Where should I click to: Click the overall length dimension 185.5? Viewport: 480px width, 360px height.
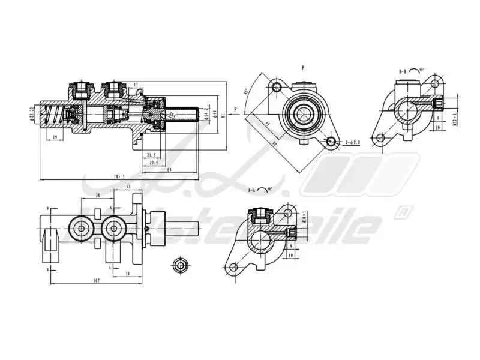click(x=119, y=176)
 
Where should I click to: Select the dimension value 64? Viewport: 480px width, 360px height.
click(x=170, y=170)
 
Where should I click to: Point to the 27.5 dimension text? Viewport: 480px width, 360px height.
click(x=154, y=163)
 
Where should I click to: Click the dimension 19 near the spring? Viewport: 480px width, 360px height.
click(x=55, y=137)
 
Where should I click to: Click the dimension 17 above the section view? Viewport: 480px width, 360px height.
click(x=136, y=85)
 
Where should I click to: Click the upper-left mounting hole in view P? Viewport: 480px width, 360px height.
click(x=276, y=88)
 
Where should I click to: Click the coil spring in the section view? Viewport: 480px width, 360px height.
click(x=55, y=114)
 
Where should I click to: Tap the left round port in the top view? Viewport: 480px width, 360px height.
click(x=80, y=227)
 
